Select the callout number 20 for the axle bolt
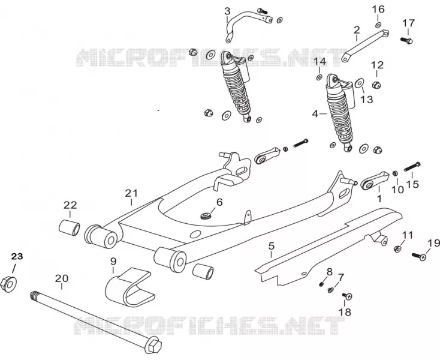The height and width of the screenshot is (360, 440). [62, 278]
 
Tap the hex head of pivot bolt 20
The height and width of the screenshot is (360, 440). [153, 345]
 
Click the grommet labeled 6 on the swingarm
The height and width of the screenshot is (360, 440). [206, 216]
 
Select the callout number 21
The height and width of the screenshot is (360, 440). [132, 193]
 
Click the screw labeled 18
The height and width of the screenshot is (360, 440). [347, 296]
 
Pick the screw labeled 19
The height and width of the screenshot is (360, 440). [419, 256]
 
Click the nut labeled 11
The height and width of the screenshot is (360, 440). [397, 248]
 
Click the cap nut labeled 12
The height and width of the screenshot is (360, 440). [376, 84]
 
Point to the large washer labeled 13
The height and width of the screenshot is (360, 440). [360, 83]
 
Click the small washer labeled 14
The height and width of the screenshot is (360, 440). [319, 77]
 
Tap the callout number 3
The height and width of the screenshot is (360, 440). [227, 11]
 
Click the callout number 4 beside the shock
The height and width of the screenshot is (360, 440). [315, 114]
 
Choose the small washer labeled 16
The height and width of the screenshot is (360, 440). [378, 25]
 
